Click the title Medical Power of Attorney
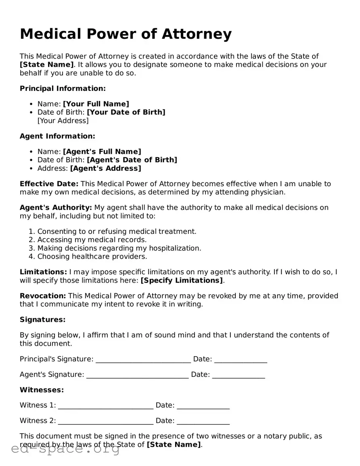point(126,34)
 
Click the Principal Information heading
point(63,88)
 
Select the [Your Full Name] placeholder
point(96,104)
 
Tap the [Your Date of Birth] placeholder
point(126,112)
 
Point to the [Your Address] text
point(63,120)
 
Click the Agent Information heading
point(57,136)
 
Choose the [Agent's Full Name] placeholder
point(102,151)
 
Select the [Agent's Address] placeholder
point(105,168)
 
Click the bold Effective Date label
point(49,184)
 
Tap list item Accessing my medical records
point(92,239)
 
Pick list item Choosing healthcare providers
point(92,256)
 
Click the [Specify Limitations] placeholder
point(181,280)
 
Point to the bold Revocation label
point(43,296)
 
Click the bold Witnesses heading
point(42,390)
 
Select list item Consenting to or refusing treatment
point(117,231)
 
